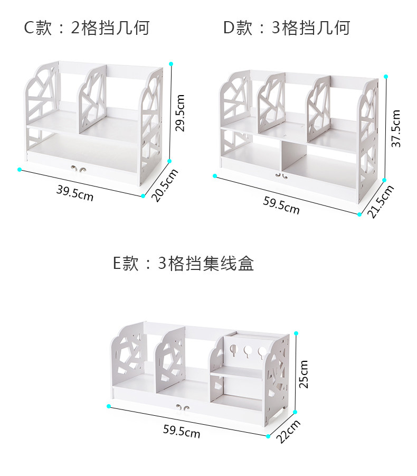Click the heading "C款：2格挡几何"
87,28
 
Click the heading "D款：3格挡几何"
287,28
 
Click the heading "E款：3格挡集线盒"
184,263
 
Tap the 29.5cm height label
181,113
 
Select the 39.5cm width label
75,193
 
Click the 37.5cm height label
396,128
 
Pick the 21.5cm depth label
381,201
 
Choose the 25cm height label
304,374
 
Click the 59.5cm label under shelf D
281,205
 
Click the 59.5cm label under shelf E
182,431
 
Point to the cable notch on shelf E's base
182,408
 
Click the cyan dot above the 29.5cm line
171,63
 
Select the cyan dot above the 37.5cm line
386,77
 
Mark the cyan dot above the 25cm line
296,333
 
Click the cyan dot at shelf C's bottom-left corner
20,170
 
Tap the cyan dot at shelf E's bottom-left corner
109,406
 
